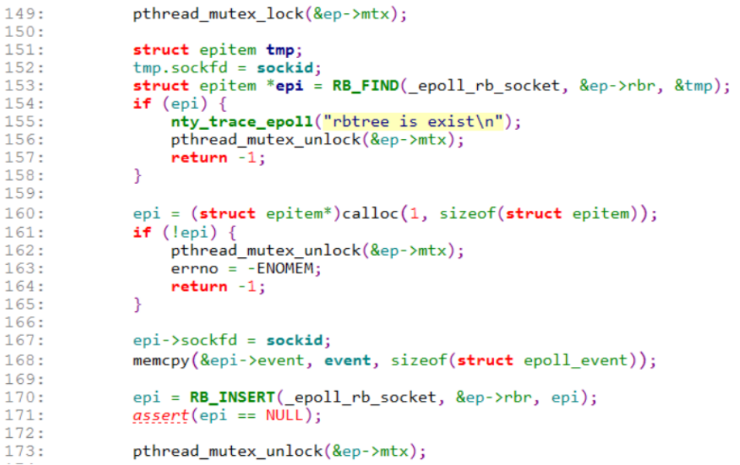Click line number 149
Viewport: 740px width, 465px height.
pyautogui.click(x=24, y=13)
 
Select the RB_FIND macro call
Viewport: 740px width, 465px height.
pyautogui.click(x=366, y=86)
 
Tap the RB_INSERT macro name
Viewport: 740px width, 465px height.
pyautogui.click(x=233, y=397)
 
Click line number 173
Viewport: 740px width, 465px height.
pyautogui.click(x=24, y=451)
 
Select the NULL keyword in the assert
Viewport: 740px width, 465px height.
pyautogui.click(x=284, y=416)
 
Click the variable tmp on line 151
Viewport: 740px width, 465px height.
pyautogui.click(x=280, y=49)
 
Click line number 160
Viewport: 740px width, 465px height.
pyautogui.click(x=24, y=213)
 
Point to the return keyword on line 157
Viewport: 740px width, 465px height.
pyautogui.click(x=199, y=158)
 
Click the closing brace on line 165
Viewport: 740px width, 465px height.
pyautogui.click(x=138, y=305)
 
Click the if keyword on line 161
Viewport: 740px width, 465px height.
pyautogui.click(x=142, y=232)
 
